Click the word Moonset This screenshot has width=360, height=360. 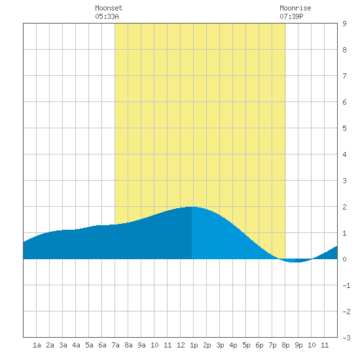click(x=109, y=8)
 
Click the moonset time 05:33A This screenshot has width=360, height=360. click(x=107, y=16)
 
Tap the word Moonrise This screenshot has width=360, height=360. click(x=295, y=8)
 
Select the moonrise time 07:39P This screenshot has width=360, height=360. click(x=291, y=16)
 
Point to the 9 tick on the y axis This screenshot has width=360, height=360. click(x=344, y=24)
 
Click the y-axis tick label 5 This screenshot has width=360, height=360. click(x=344, y=128)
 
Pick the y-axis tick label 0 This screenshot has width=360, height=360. click(x=344, y=259)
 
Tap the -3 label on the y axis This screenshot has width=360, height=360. click(x=346, y=338)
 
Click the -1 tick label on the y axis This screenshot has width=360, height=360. click(x=346, y=285)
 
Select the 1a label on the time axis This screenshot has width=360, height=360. click(x=37, y=345)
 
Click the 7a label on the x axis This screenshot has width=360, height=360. click(x=115, y=345)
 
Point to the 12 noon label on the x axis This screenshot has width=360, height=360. click(x=181, y=345)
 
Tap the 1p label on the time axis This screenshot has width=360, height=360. click(x=194, y=345)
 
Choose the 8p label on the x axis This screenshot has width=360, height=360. click(x=285, y=345)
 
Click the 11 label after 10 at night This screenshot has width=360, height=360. click(x=325, y=345)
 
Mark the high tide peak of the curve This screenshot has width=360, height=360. click(x=191, y=207)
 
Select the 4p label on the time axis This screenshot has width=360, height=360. click(x=233, y=345)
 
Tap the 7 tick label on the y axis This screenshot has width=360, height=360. click(x=344, y=76)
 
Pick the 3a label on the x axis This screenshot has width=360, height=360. click(x=63, y=345)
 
